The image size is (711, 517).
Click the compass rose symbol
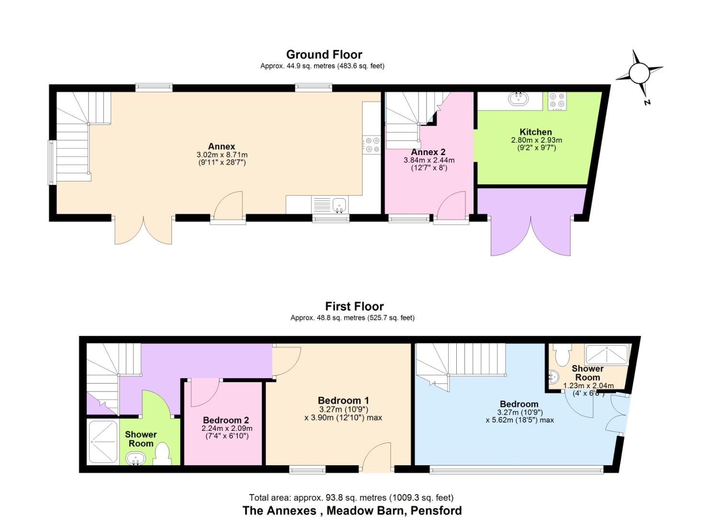click(638, 73)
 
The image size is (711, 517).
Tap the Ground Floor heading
click(324, 55)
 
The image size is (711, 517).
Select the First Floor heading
click(354, 306)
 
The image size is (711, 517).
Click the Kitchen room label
click(536, 132)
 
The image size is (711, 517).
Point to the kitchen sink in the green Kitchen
click(518, 99)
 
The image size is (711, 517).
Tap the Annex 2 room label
click(428, 152)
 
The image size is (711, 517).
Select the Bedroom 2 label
click(226, 420)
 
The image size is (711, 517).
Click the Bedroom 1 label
click(343, 400)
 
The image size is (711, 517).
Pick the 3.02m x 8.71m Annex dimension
click(222, 155)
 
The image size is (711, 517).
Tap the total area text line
click(351, 498)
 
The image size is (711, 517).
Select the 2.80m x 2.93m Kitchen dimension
click(536, 140)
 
